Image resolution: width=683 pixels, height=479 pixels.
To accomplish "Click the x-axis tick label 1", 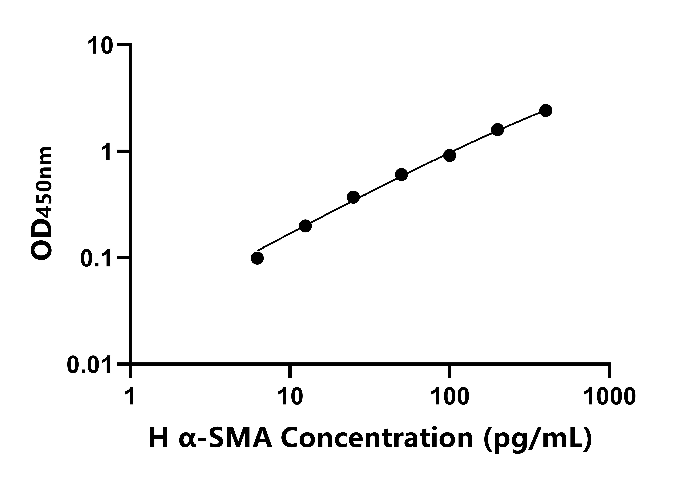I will tap(130, 396).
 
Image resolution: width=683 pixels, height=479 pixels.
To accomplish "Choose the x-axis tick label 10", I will tap(290, 396).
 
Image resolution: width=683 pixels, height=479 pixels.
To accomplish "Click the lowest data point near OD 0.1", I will tap(257, 258).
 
